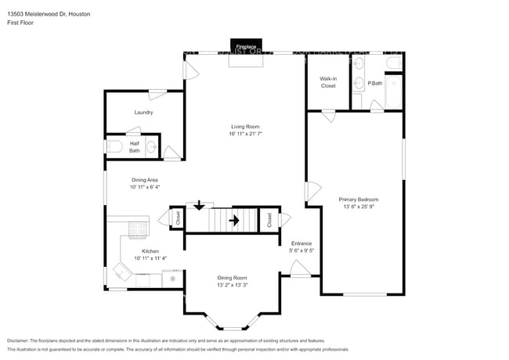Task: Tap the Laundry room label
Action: [x=143, y=113]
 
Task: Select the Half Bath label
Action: [x=135, y=147]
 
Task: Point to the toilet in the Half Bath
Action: [x=114, y=146]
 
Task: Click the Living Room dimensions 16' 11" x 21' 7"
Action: [x=245, y=134]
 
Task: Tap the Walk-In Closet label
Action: [x=327, y=82]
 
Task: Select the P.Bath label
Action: [x=375, y=83]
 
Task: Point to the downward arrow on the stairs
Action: [x=199, y=205]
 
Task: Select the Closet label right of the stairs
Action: [x=270, y=220]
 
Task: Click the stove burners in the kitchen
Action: [x=138, y=229]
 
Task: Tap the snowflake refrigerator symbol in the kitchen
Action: [x=173, y=278]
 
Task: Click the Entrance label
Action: [x=301, y=244]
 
